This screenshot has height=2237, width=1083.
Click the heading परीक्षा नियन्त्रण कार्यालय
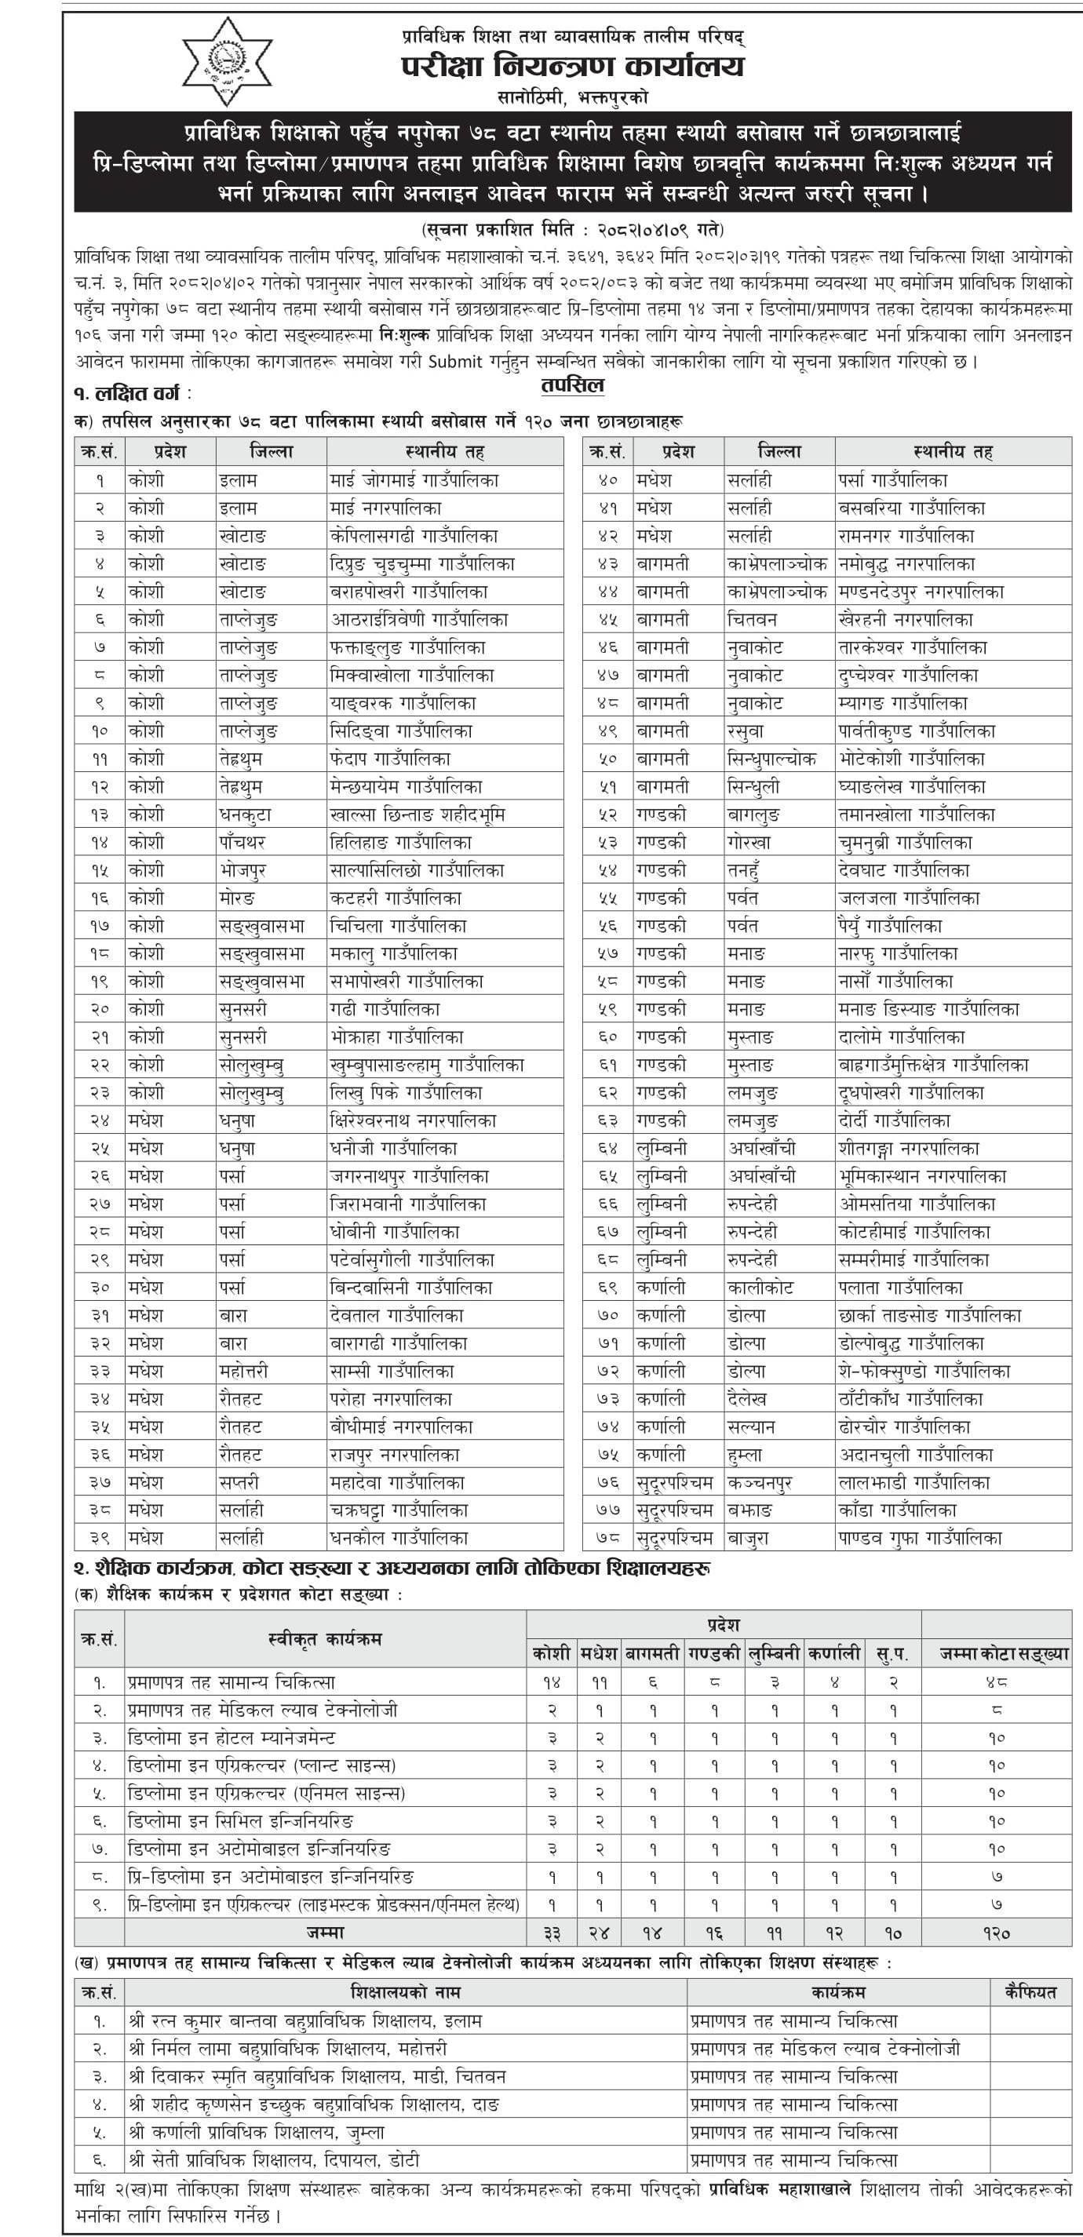[572, 67]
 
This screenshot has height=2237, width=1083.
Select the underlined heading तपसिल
[571, 384]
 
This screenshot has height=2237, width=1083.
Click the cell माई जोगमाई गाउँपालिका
[414, 480]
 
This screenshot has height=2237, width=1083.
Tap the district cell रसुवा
[746, 731]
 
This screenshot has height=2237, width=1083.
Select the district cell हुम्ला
[746, 1455]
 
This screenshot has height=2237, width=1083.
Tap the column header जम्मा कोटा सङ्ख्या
[1004, 1654]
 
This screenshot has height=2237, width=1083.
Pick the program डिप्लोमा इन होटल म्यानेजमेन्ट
[230, 1738]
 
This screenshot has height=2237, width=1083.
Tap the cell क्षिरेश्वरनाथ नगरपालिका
[414, 1120]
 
